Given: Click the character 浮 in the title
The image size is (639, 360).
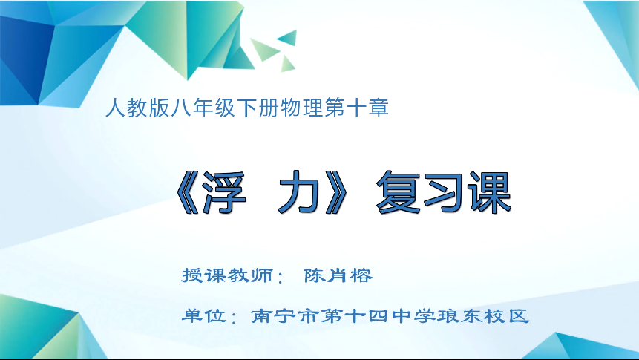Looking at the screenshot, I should coord(222,193).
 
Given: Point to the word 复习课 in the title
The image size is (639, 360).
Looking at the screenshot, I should coord(444,193).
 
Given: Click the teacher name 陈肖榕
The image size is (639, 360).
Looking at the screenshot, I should coord(338,275).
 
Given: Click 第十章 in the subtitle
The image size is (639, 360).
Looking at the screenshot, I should coord(362,109).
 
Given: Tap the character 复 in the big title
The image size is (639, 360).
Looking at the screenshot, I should coord(399,193).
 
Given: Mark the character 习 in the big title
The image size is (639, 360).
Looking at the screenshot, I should coord(444,193).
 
